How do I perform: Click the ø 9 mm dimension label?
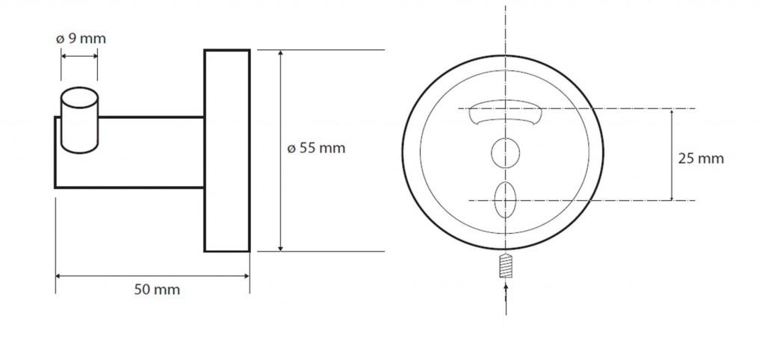click(x=77, y=39)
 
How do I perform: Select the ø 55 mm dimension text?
click(x=317, y=148)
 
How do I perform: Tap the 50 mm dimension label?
click(x=157, y=289)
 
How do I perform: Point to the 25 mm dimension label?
click(x=700, y=158)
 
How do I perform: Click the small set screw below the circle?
click(x=507, y=264)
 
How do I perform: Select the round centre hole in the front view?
click(x=504, y=152)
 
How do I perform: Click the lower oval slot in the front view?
click(x=505, y=198)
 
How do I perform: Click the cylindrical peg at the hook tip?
click(x=78, y=120)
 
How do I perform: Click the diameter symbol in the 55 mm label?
click(x=291, y=149)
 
